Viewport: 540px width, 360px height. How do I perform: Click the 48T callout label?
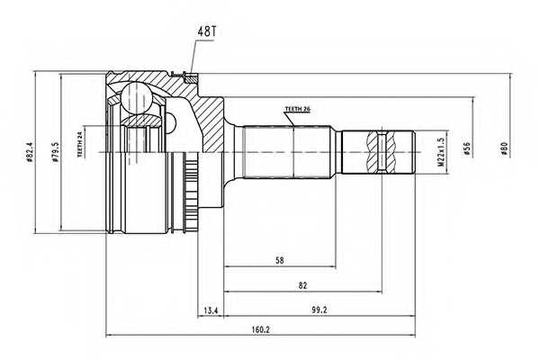tap(207, 31)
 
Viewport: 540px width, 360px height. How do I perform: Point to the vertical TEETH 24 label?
tap(80, 143)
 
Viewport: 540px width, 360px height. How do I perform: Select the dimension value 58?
tap(281, 259)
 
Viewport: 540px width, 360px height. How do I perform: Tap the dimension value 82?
tap(301, 285)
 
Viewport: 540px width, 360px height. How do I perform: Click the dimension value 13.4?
tap(211, 310)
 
